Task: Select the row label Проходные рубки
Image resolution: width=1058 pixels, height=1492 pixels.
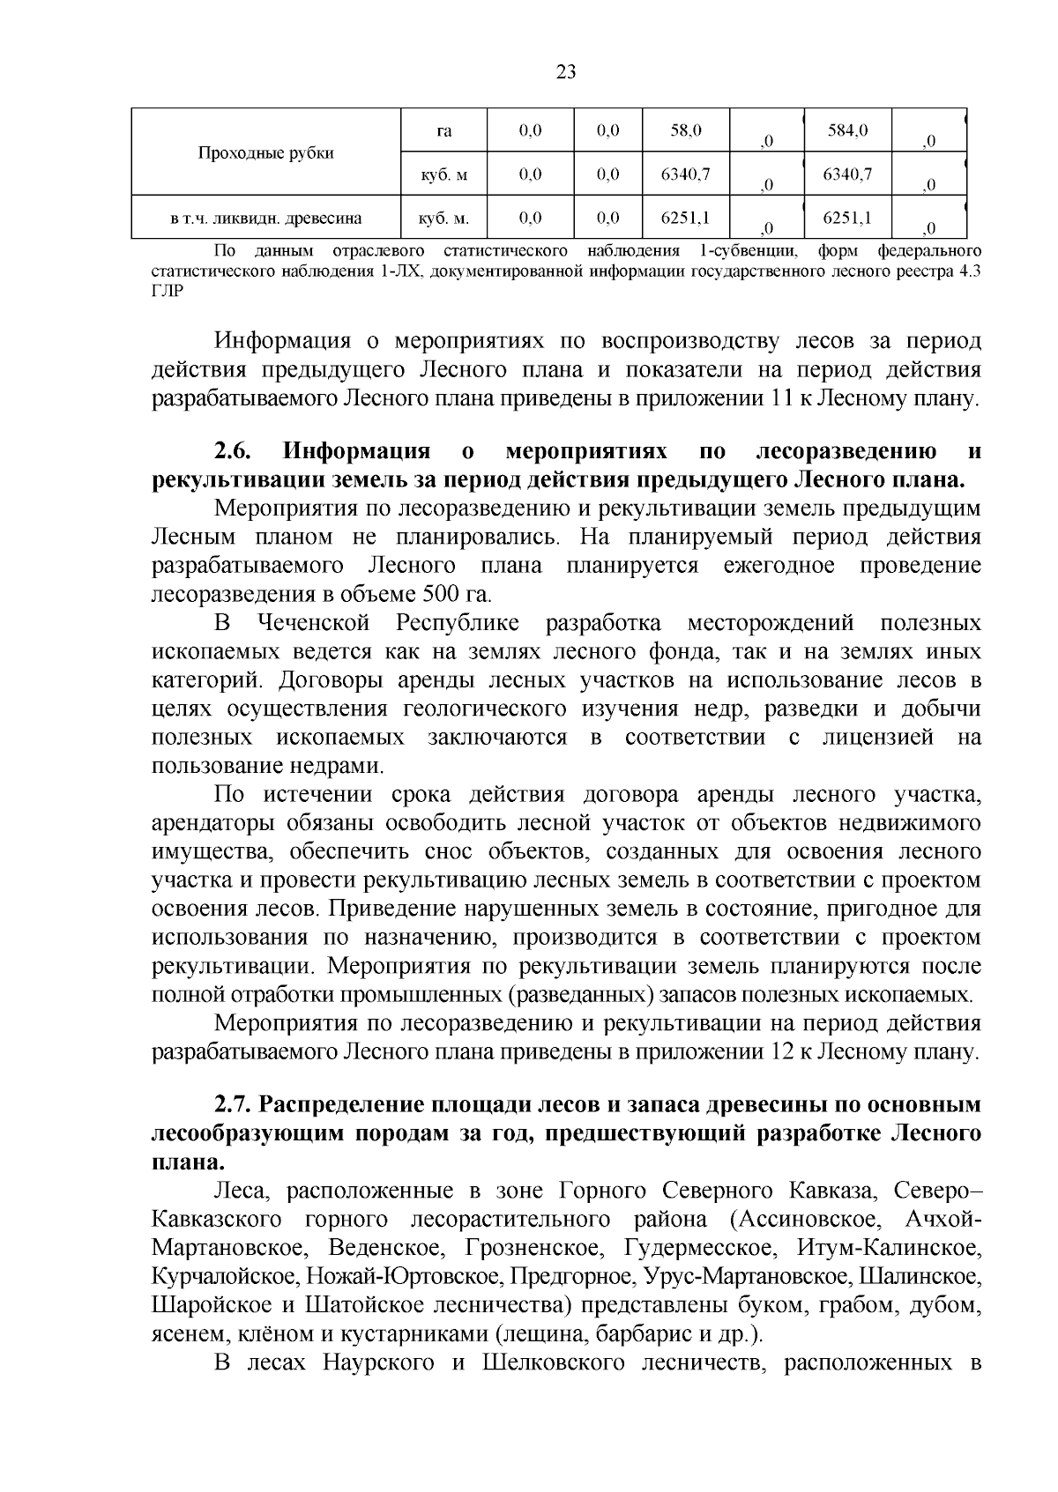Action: [265, 153]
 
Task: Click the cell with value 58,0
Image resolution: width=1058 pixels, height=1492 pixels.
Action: [685, 131]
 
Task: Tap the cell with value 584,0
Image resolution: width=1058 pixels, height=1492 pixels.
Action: [847, 131]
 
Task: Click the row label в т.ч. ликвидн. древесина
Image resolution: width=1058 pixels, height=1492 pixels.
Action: [265, 218]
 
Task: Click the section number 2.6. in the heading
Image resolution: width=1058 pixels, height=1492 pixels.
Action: [233, 452]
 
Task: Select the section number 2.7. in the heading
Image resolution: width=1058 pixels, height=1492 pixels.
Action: [233, 1105]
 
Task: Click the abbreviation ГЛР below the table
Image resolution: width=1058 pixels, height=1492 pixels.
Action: [168, 291]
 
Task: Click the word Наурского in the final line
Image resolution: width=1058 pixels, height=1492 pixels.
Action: [376, 1363]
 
